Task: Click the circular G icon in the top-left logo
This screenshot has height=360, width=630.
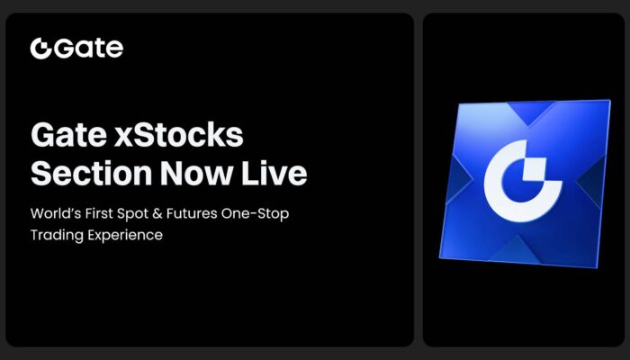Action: click(x=40, y=49)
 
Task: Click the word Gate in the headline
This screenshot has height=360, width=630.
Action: click(x=69, y=135)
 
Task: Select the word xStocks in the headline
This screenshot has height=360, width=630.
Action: click(x=179, y=135)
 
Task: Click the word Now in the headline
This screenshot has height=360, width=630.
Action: click(x=197, y=174)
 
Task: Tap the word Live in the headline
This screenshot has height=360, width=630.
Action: click(x=274, y=174)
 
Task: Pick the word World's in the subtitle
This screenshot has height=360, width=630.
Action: click(x=56, y=213)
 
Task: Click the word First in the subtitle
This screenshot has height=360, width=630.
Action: click(x=99, y=213)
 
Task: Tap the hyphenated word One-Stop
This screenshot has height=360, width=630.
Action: click(x=255, y=214)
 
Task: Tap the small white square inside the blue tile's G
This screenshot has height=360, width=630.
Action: click(x=535, y=169)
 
